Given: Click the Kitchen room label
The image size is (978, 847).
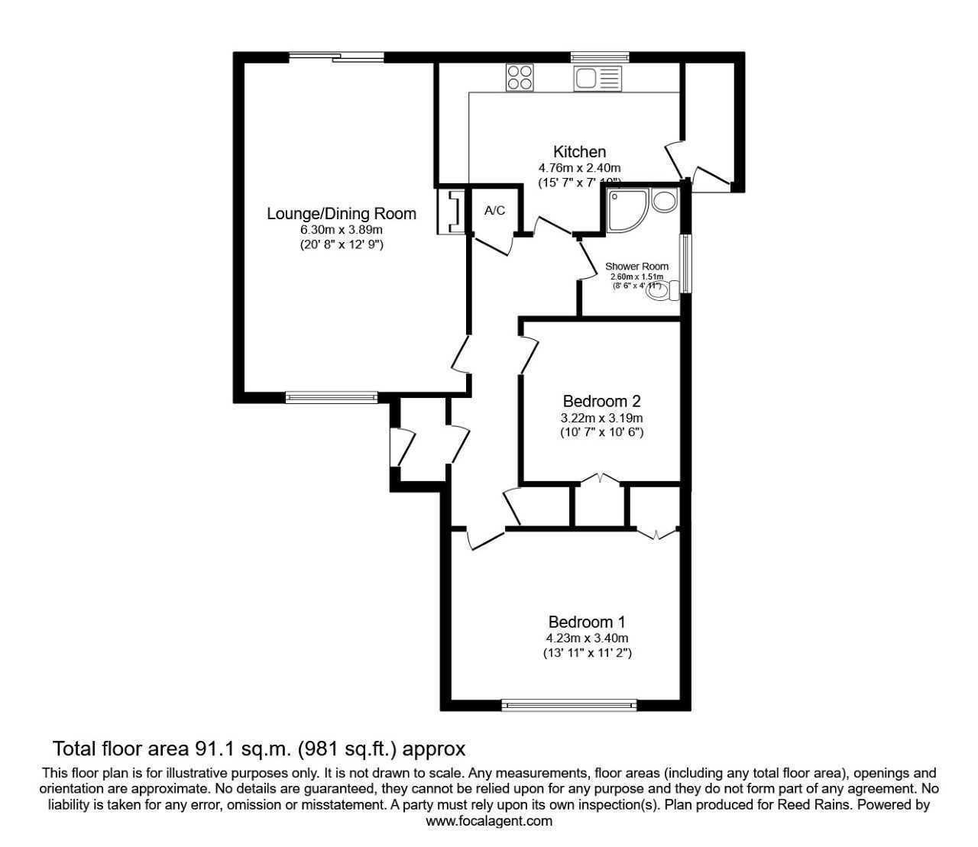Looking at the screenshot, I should coord(579,152).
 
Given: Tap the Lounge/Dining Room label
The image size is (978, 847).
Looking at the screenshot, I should coord(341,214).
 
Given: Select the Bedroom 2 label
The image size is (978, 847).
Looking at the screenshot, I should coord(601,401).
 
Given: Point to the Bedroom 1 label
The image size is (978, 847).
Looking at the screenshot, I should coord(587,622).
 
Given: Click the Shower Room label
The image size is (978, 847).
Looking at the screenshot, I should coord(636,267).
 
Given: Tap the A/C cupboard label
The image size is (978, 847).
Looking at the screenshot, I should coord(495,211).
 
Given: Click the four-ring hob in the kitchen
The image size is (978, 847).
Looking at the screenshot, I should coord(520,78).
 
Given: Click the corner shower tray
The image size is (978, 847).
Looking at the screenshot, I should coord(627,210).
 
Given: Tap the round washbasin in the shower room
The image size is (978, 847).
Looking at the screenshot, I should coord(664,201).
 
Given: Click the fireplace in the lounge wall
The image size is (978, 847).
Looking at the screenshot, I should coord(451,212).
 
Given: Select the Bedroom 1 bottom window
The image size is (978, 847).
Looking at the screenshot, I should coord(569,705).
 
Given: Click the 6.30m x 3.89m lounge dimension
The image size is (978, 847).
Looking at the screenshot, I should coord(341,230).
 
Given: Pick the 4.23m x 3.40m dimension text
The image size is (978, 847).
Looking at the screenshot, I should coord(587,638).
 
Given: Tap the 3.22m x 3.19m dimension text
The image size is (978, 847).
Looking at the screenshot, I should coord(601,418).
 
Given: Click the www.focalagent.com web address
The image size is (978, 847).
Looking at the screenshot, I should coord(489,822).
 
